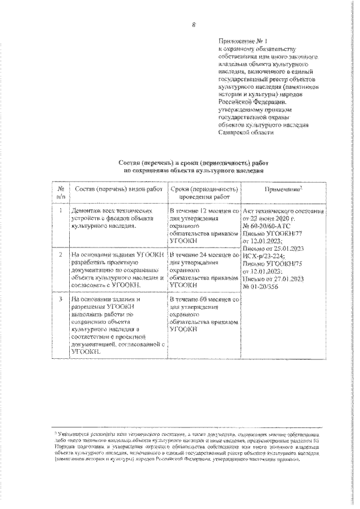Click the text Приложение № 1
click(x=243, y=41)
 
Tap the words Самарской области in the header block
click(x=246, y=132)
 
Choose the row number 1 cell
click(x=60, y=211)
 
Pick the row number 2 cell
click(x=60, y=255)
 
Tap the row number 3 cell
click(x=60, y=300)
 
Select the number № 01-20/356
click(x=264, y=285)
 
